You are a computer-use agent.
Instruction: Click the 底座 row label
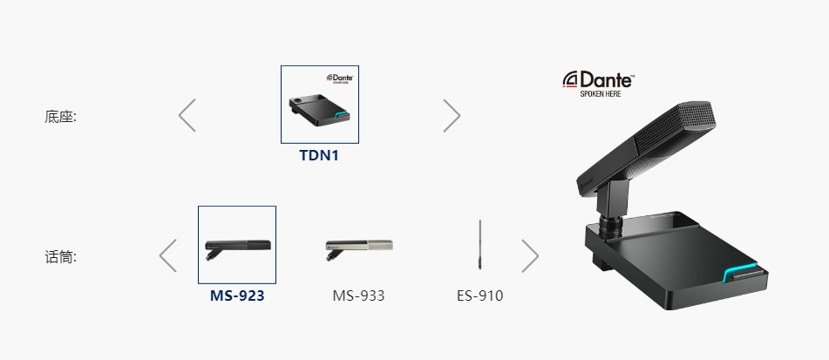click(x=60, y=116)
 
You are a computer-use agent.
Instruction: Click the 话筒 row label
click(x=60, y=257)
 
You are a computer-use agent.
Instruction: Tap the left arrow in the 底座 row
click(x=187, y=115)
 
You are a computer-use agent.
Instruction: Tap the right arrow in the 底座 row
click(x=452, y=115)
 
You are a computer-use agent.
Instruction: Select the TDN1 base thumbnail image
click(x=320, y=104)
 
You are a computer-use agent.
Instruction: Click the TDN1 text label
click(x=319, y=155)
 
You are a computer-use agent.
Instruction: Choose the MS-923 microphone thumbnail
click(x=237, y=245)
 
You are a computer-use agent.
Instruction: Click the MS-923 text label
click(x=237, y=295)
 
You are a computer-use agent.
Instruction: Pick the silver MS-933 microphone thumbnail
click(x=358, y=249)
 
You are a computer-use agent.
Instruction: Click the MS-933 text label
click(x=358, y=295)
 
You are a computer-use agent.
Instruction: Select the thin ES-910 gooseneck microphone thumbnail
click(x=480, y=244)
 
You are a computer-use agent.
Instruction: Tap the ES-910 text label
click(x=480, y=295)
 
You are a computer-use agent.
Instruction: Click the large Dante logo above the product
click(x=599, y=79)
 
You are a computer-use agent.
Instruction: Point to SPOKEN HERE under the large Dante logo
click(x=601, y=94)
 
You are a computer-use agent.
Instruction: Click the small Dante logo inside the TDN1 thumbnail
click(x=340, y=78)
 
